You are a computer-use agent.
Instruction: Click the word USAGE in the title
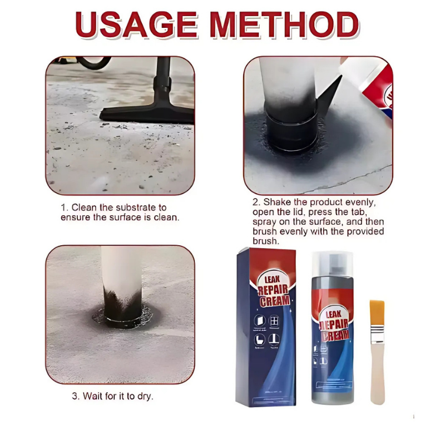click(x=136, y=25)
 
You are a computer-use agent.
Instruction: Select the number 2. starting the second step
click(x=257, y=202)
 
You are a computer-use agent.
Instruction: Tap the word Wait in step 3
click(x=93, y=397)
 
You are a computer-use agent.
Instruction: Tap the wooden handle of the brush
click(x=378, y=373)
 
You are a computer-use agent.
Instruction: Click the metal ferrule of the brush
click(x=377, y=334)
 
